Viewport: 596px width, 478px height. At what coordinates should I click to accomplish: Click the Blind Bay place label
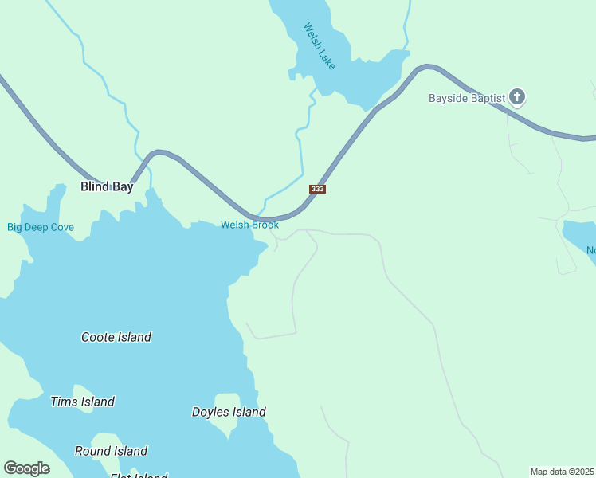click(107, 187)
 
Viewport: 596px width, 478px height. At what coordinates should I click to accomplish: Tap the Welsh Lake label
click(320, 45)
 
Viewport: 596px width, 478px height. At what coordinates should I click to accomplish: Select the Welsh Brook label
click(249, 225)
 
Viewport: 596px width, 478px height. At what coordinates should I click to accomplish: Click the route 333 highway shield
click(317, 189)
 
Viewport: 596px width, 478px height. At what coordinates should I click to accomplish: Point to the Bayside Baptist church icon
click(517, 97)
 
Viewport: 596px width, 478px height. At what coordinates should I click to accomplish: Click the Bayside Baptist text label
click(467, 98)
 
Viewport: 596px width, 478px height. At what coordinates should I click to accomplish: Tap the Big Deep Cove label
click(41, 227)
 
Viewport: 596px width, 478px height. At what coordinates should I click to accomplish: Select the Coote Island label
click(116, 337)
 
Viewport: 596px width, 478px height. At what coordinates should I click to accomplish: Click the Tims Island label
click(82, 402)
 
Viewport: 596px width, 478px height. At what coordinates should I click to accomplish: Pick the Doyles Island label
click(229, 412)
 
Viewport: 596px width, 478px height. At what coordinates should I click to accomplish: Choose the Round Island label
click(111, 451)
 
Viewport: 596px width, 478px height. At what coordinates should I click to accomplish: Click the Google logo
click(26, 468)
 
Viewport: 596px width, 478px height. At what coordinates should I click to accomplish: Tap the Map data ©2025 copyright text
click(562, 472)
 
